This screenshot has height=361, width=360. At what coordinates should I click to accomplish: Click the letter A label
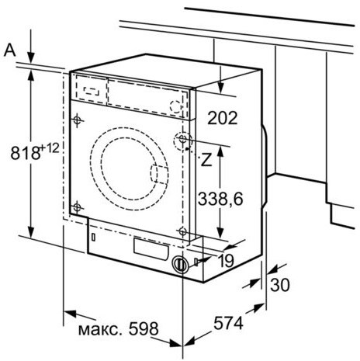point(10,50)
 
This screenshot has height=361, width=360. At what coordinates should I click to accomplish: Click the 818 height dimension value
point(26,152)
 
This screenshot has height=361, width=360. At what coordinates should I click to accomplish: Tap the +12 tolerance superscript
point(50,148)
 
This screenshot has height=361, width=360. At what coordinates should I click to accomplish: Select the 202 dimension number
point(223,118)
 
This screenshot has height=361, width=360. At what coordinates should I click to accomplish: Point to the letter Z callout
point(206,160)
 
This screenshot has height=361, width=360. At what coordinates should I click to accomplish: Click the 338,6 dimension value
point(220,199)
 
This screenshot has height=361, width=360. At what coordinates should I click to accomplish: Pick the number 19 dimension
point(226,261)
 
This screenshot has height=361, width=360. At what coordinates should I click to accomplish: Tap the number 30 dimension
point(280,285)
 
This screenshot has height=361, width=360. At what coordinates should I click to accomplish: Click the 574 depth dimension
point(228,323)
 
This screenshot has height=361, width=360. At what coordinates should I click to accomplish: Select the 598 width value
point(144,329)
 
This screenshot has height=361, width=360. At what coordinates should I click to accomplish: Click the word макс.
point(100,330)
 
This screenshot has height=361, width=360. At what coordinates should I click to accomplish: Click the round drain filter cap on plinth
point(180,264)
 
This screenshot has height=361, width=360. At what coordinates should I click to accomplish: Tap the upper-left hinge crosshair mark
point(77,120)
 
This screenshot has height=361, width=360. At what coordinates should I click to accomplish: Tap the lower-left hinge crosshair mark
point(77,207)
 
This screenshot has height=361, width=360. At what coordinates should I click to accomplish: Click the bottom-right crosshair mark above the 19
point(182,231)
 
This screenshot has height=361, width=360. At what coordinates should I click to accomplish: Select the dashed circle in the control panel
point(176,106)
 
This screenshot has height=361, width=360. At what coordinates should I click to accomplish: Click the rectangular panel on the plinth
point(151,249)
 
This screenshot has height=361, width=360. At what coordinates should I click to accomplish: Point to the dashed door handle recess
point(159,175)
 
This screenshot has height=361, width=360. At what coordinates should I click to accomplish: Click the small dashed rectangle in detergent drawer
point(92,91)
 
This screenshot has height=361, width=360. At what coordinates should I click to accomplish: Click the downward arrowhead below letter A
point(31,57)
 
